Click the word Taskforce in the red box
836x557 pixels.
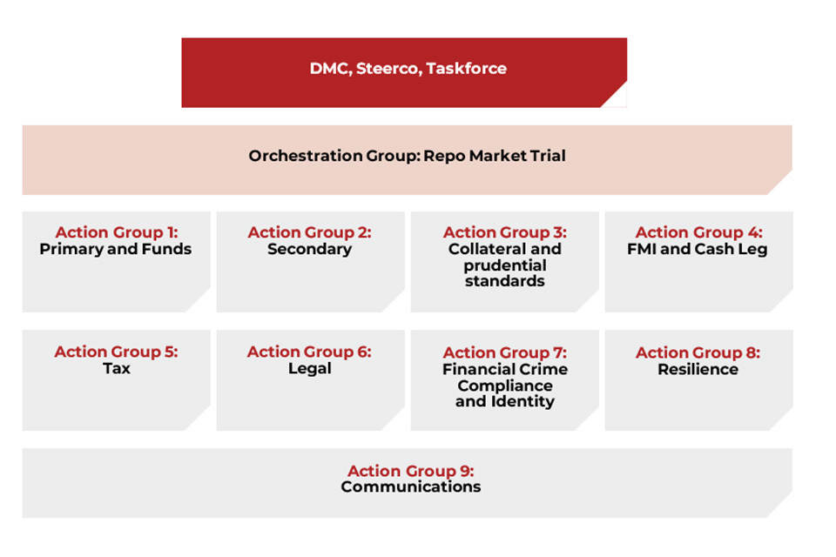[x=466, y=68]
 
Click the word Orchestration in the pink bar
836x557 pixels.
[x=306, y=156]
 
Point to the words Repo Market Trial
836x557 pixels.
[x=495, y=156]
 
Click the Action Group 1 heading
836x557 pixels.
[x=116, y=232]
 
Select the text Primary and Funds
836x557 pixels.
[x=115, y=249]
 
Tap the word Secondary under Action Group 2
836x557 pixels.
[x=309, y=249]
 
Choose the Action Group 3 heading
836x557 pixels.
[x=504, y=232]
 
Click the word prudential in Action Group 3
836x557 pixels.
[x=504, y=265]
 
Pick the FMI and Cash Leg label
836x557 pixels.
[x=697, y=249]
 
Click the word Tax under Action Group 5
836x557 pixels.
[x=116, y=368]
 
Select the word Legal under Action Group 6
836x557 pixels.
[x=309, y=368]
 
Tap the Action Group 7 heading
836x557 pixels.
[x=504, y=352]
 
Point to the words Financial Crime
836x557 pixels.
[x=504, y=369]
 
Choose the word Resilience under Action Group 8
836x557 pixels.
[x=698, y=369]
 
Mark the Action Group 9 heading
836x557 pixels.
[x=410, y=471]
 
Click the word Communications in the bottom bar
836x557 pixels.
[x=410, y=487]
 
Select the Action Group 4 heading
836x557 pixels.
[x=698, y=232]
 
